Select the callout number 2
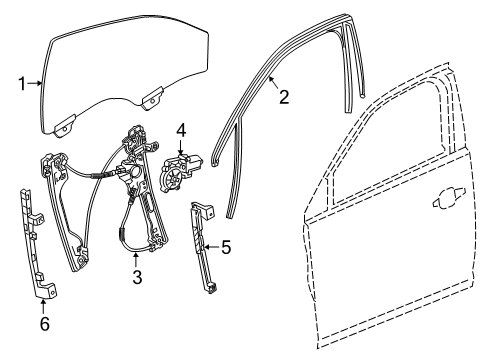[x=284, y=97]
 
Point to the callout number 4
[x=181, y=129]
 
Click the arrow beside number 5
[x=213, y=245]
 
